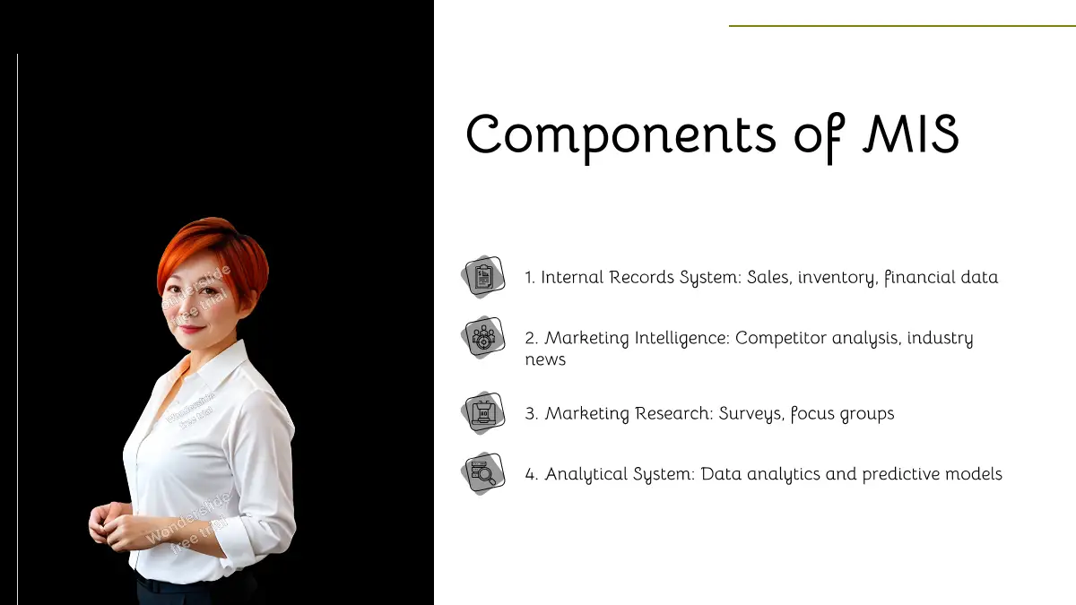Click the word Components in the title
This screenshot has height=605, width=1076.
click(x=620, y=136)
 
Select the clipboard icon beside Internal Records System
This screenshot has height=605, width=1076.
click(x=483, y=277)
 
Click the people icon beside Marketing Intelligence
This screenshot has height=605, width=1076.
click(x=483, y=338)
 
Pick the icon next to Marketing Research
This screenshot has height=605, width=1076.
click(x=483, y=413)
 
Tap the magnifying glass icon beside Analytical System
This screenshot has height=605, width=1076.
click(x=483, y=473)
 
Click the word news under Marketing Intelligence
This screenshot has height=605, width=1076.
click(x=545, y=360)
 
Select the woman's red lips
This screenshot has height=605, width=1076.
click(x=191, y=329)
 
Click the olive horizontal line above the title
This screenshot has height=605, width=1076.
click(x=902, y=25)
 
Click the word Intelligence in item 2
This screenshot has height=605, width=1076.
click(x=682, y=339)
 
